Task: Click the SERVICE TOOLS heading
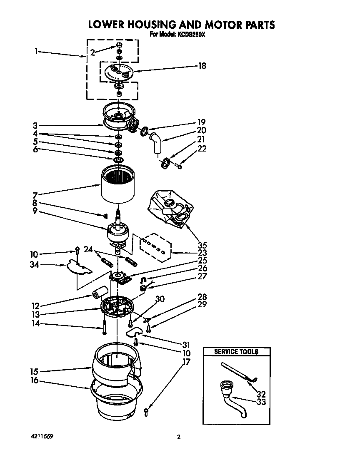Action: (x=236, y=352)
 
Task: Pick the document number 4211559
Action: (x=42, y=437)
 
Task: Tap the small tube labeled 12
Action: (x=100, y=294)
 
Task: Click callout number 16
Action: (x=35, y=380)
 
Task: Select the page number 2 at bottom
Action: (x=179, y=437)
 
